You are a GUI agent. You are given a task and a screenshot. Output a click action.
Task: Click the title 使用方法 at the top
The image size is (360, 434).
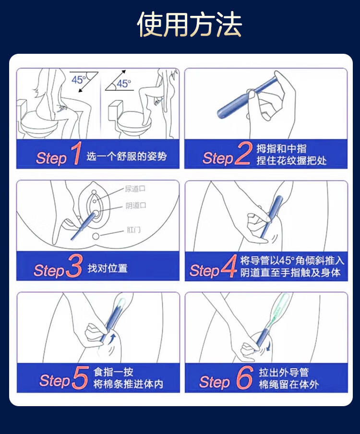coord(190,24)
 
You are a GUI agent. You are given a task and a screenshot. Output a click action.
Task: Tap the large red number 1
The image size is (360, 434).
coord(76,153)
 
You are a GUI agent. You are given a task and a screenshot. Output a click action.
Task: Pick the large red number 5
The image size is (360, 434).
coord(80,377)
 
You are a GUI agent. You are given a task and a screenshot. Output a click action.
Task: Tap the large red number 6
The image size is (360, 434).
coord(245,377)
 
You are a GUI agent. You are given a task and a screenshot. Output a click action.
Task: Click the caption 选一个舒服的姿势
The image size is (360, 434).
coord(127,157)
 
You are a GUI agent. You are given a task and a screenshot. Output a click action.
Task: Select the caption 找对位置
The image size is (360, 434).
coord(108,268)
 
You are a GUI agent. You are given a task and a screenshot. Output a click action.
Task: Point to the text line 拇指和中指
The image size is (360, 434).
coord(281,149)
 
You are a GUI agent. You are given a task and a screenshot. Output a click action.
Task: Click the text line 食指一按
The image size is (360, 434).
coord(113,372)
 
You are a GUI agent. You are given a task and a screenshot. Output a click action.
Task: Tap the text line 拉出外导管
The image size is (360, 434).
coord(284,372)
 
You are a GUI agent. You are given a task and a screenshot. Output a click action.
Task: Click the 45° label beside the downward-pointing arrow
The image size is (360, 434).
coord(79,80)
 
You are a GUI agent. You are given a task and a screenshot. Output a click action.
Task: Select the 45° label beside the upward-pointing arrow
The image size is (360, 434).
coord(124,84)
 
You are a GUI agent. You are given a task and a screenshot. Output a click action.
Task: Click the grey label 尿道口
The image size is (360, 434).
coord(135,189)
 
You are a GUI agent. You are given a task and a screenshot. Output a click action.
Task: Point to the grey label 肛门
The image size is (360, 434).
coord(133,230)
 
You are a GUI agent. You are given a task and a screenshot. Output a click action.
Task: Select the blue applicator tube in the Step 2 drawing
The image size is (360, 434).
coord(246,98)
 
